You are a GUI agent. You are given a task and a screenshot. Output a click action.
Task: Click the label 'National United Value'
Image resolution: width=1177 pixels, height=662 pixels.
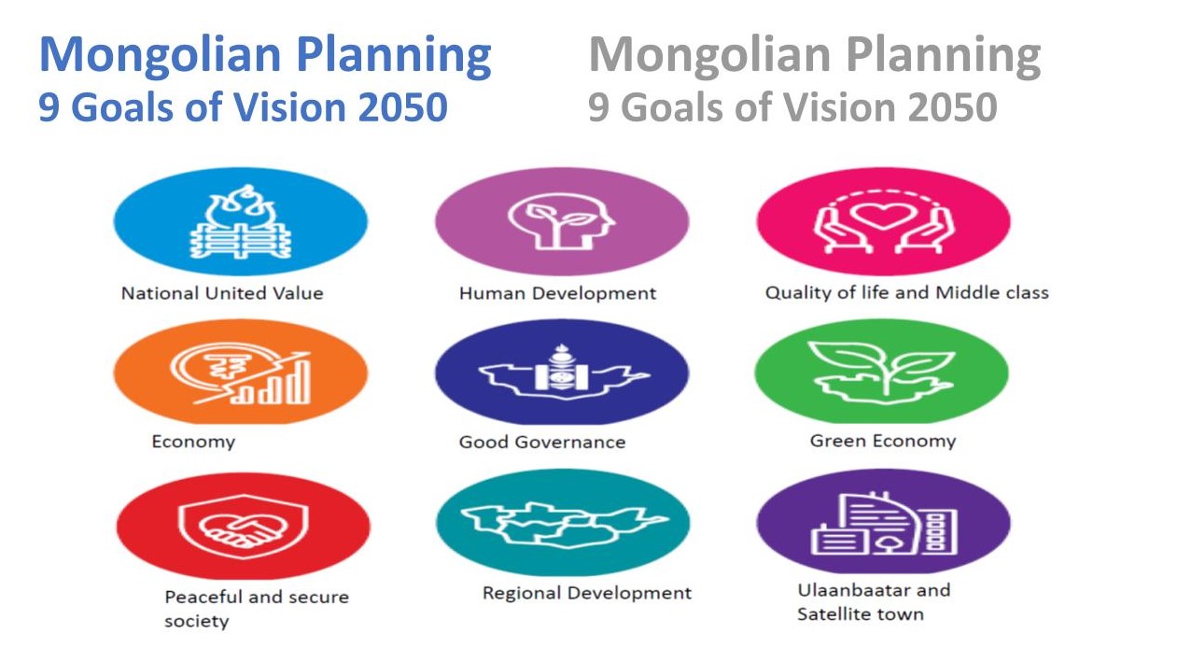[222, 293]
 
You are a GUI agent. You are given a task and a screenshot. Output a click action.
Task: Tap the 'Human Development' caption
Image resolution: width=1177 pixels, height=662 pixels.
[557, 293]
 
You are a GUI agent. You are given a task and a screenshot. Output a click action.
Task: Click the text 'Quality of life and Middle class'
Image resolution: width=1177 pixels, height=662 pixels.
[906, 292]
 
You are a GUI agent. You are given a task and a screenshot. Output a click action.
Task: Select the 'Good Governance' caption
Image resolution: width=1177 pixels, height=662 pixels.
[541, 442]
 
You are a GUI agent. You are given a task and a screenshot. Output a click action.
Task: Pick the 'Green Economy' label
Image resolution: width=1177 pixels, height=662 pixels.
[882, 441]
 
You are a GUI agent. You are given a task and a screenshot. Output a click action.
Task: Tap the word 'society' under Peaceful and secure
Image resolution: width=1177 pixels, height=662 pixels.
[196, 621]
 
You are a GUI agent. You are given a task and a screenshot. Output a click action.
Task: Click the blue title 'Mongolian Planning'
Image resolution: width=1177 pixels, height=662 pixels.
[264, 55]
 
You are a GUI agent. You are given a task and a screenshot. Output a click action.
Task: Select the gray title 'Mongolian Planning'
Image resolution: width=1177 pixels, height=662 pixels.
[814, 55]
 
